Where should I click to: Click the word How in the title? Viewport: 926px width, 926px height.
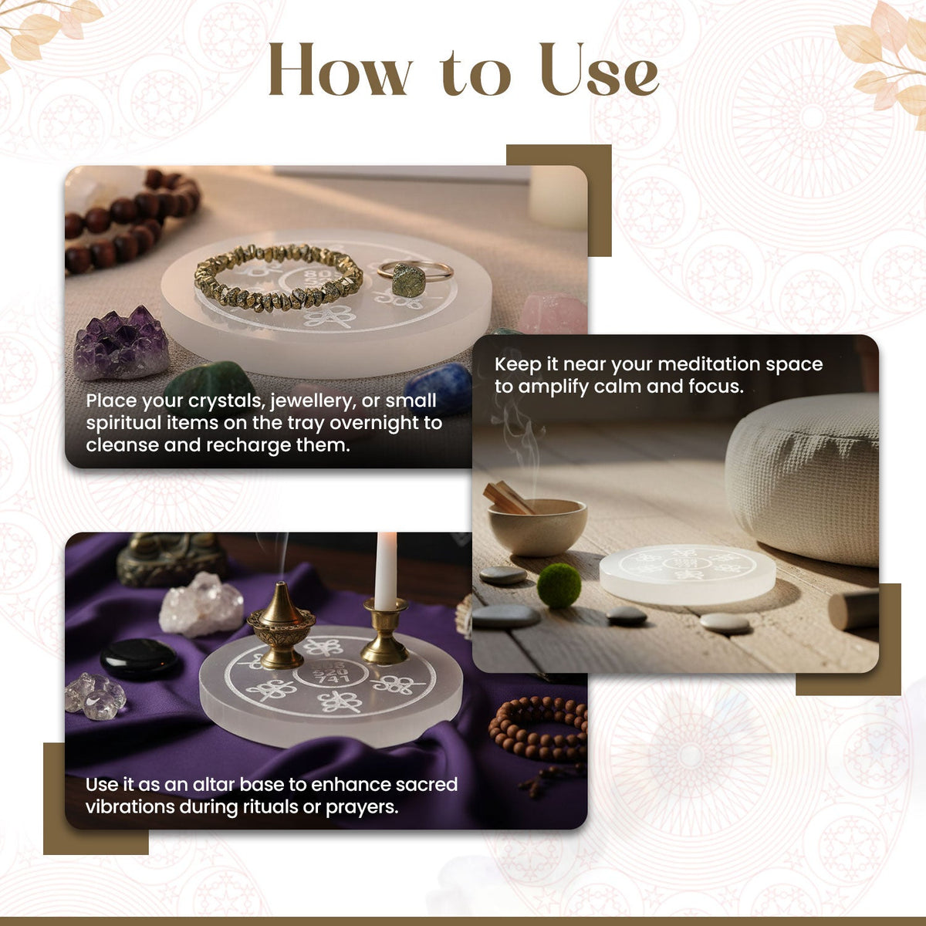[341, 69]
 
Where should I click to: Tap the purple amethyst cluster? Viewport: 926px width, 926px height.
[121, 343]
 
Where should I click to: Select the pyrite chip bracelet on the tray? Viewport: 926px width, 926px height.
[279, 277]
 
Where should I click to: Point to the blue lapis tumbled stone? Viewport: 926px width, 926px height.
[438, 387]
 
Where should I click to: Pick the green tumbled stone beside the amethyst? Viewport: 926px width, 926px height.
[210, 384]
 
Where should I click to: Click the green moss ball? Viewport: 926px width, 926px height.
[559, 586]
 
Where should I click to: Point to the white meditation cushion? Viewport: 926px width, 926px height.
[802, 479]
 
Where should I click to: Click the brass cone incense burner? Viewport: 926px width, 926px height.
[281, 625]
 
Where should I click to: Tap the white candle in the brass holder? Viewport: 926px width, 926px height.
[386, 570]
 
